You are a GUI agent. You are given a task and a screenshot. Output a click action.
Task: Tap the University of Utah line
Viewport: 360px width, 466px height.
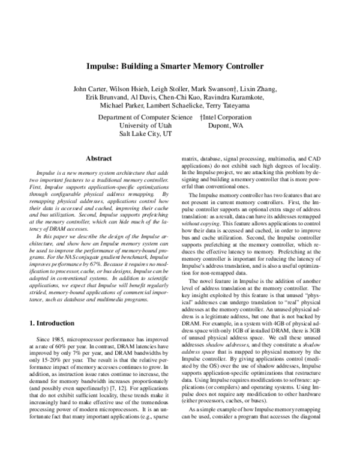coord(146,127)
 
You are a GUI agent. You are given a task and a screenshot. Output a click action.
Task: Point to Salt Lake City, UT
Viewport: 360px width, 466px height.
coord(146,136)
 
